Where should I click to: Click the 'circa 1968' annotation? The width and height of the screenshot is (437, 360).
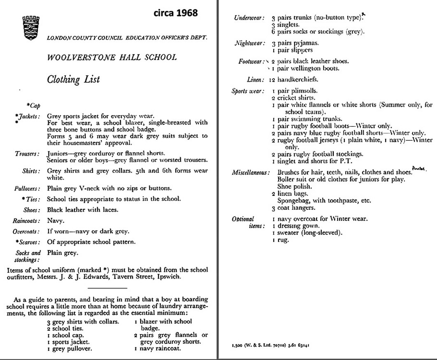[175, 13]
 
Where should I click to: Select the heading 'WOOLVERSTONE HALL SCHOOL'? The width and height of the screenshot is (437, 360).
[112, 57]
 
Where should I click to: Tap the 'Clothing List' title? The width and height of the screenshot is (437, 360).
[73, 79]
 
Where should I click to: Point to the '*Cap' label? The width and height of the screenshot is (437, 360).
[33, 106]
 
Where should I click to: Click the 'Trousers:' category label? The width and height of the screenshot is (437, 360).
[28, 153]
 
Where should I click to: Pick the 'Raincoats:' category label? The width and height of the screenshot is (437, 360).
[27, 221]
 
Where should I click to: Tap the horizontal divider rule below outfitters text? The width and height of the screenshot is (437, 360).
[108, 288]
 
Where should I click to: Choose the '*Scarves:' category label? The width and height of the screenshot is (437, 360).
[28, 242]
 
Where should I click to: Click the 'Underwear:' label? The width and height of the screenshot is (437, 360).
[249, 18]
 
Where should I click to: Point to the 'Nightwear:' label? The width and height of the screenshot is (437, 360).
[249, 43]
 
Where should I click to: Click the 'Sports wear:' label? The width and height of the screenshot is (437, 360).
[247, 91]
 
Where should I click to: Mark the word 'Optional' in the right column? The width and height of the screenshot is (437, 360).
[243, 219]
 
